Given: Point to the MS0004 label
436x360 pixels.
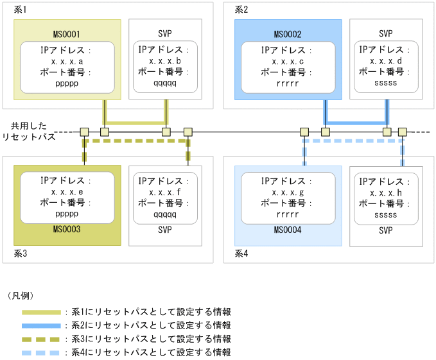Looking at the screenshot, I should tap(288, 229).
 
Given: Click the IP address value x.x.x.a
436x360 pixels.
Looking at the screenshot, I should tap(67, 62).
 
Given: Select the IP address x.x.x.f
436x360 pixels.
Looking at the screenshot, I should tap(165, 193).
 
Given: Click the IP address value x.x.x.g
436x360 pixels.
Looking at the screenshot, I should tap(288, 193).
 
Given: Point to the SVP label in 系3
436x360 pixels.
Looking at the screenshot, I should tap(165, 229).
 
